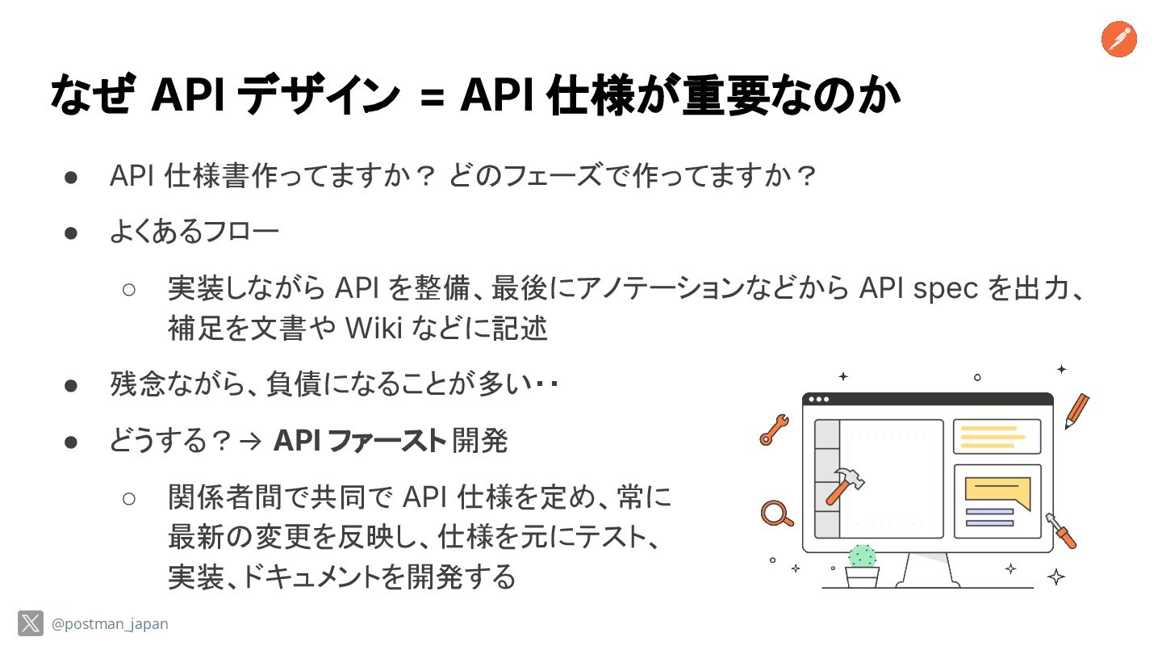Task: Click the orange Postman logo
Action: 1118,40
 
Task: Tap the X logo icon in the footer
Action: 31,623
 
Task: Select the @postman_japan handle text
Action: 110,624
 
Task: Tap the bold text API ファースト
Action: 359,441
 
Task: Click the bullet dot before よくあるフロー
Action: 70,233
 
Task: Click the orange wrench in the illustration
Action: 773,430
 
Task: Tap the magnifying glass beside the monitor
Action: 776,514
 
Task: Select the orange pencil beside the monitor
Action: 1076,410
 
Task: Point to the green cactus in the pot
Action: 862,556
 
